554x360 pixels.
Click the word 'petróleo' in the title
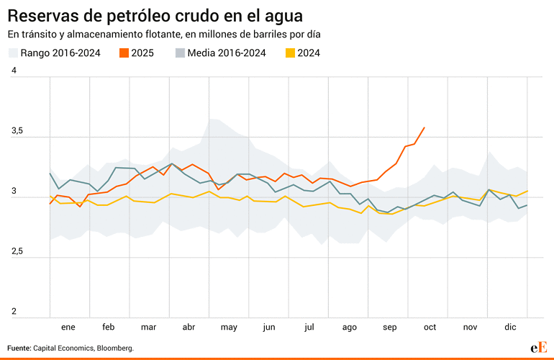pyautogui.click(x=135, y=15)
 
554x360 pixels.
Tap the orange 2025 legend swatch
pyautogui.click(x=124, y=53)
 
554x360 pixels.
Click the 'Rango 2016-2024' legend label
pyautogui.click(x=60, y=53)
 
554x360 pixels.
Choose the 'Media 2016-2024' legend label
pyautogui.click(x=227, y=53)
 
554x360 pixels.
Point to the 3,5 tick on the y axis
pyautogui.click(x=17, y=131)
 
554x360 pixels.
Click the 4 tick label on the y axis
pyautogui.click(x=13, y=71)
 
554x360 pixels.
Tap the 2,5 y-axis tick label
pyautogui.click(x=17, y=252)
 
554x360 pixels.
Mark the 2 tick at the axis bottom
pyautogui.click(x=13, y=312)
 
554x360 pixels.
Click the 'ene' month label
pyautogui.click(x=68, y=327)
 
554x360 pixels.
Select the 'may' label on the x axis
pyautogui.click(x=229, y=327)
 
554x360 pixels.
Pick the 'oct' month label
pyautogui.click(x=430, y=327)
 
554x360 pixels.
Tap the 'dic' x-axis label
pyautogui.click(x=510, y=327)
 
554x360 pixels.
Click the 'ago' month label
pyautogui.click(x=349, y=327)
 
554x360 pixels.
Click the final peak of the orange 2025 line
pyautogui.click(x=424, y=127)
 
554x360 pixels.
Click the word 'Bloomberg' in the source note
pyautogui.click(x=114, y=348)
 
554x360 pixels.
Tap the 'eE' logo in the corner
pyautogui.click(x=539, y=347)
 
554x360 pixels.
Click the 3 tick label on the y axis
pyautogui.click(x=13, y=192)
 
